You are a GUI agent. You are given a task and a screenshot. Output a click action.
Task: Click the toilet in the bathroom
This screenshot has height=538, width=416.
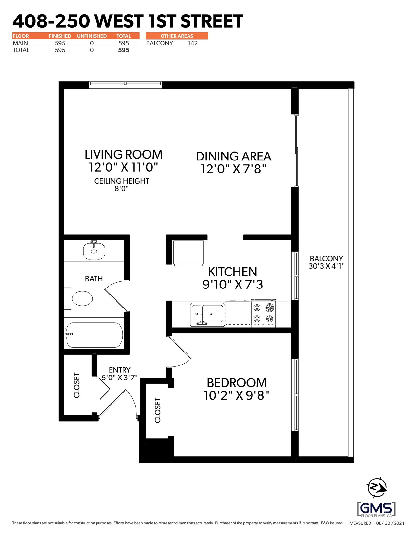78,298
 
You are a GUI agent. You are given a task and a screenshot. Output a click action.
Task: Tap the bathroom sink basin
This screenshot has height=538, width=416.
94,250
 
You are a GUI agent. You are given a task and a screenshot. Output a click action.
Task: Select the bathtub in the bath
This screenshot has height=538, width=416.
94,335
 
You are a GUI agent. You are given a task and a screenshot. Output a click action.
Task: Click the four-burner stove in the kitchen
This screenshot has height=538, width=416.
263,314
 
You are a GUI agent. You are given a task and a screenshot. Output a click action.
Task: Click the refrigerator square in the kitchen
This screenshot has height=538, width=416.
189,253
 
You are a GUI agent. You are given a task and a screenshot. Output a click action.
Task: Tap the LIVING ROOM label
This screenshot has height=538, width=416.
123,155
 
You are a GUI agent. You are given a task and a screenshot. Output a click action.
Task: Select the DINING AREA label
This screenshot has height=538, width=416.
234,157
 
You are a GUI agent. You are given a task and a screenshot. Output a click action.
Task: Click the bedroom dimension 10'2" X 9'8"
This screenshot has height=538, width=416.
236,396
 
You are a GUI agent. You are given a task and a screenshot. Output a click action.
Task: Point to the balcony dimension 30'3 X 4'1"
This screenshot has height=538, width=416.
326,266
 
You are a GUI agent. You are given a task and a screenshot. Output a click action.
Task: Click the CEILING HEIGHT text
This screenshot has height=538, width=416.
122,181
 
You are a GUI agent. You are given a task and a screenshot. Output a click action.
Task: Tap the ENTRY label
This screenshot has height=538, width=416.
120,370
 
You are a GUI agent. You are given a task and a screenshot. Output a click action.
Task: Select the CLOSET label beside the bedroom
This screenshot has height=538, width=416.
158,410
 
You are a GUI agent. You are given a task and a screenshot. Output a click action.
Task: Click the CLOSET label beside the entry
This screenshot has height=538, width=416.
77,385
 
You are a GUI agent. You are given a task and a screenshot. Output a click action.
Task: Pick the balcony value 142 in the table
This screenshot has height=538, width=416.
193,43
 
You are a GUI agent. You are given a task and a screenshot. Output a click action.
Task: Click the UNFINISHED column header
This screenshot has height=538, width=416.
92,36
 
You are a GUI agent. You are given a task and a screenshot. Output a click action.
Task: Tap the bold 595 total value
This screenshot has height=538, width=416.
123,50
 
